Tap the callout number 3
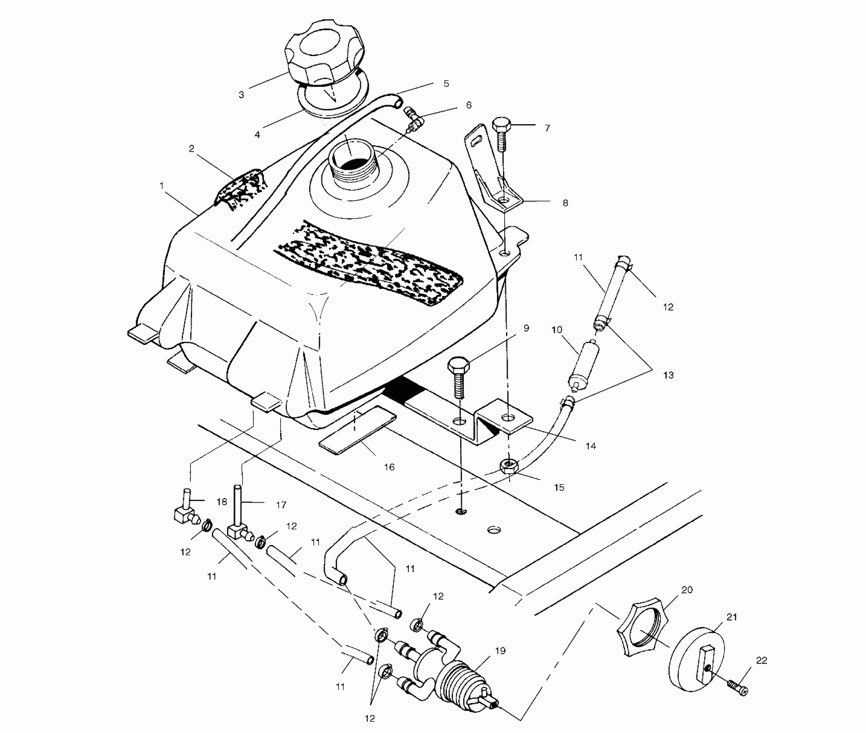(x=241, y=95)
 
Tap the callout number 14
(x=591, y=446)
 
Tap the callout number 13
(x=668, y=375)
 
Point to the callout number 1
(x=161, y=185)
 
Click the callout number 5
(x=446, y=84)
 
